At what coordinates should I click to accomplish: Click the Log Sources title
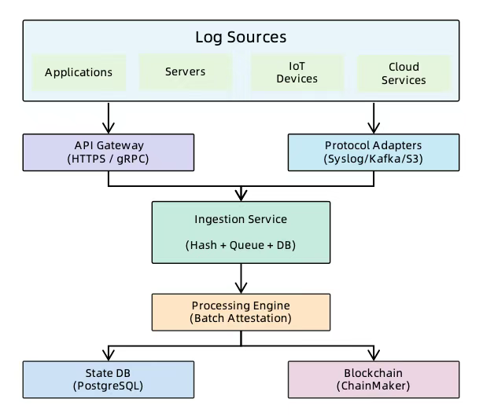(241, 37)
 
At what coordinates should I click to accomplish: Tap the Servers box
(185, 71)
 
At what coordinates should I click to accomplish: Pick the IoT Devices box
(297, 72)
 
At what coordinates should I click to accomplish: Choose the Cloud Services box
(403, 72)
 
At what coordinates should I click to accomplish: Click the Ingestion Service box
(241, 232)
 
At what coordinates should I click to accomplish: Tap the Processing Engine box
(241, 311)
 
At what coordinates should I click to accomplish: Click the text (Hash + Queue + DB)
(241, 245)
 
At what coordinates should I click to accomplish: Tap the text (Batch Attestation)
(241, 319)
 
